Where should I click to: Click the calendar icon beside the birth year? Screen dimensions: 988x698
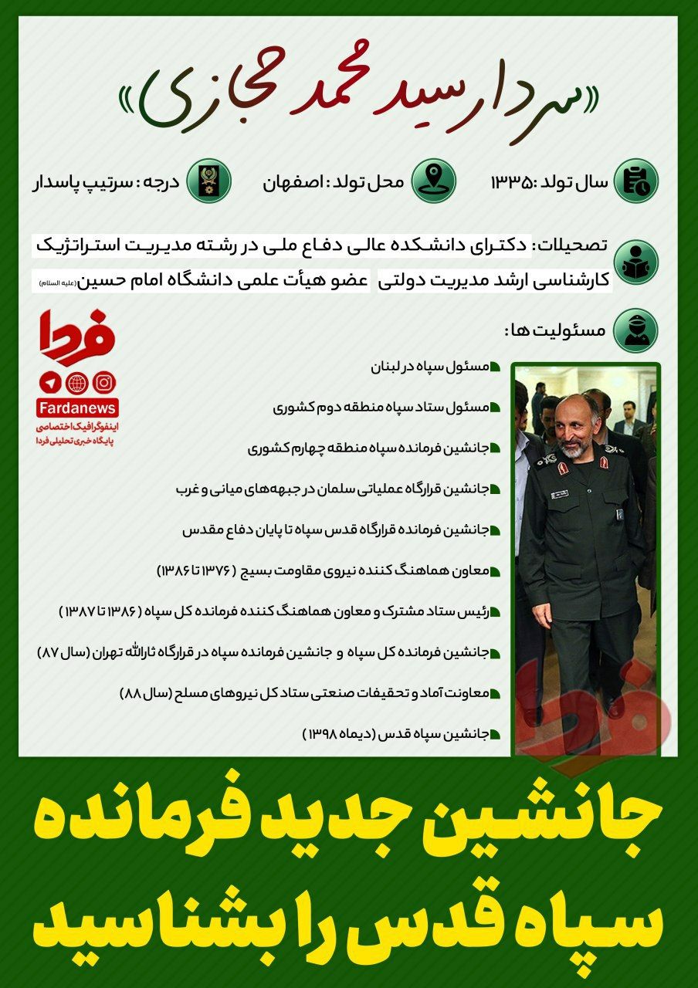(x=635, y=181)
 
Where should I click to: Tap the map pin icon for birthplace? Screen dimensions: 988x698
(x=434, y=181)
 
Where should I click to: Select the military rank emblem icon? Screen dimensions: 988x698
(x=209, y=181)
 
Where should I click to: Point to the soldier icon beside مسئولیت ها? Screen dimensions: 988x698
(x=635, y=330)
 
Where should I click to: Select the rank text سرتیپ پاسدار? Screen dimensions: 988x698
(x=68, y=183)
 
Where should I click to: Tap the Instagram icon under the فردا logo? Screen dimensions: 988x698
(x=103, y=382)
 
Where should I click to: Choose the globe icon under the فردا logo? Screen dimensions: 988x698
(x=77, y=382)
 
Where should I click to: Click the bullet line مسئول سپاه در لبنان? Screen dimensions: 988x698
(x=429, y=367)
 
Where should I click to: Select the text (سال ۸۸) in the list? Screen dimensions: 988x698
(x=140, y=693)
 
